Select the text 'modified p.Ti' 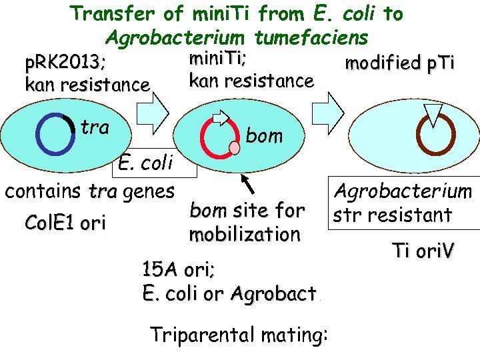click(399, 63)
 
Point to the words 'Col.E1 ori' click(64, 223)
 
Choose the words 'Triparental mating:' click(239, 333)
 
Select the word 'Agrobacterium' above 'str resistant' click(403, 192)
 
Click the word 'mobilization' click(244, 235)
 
